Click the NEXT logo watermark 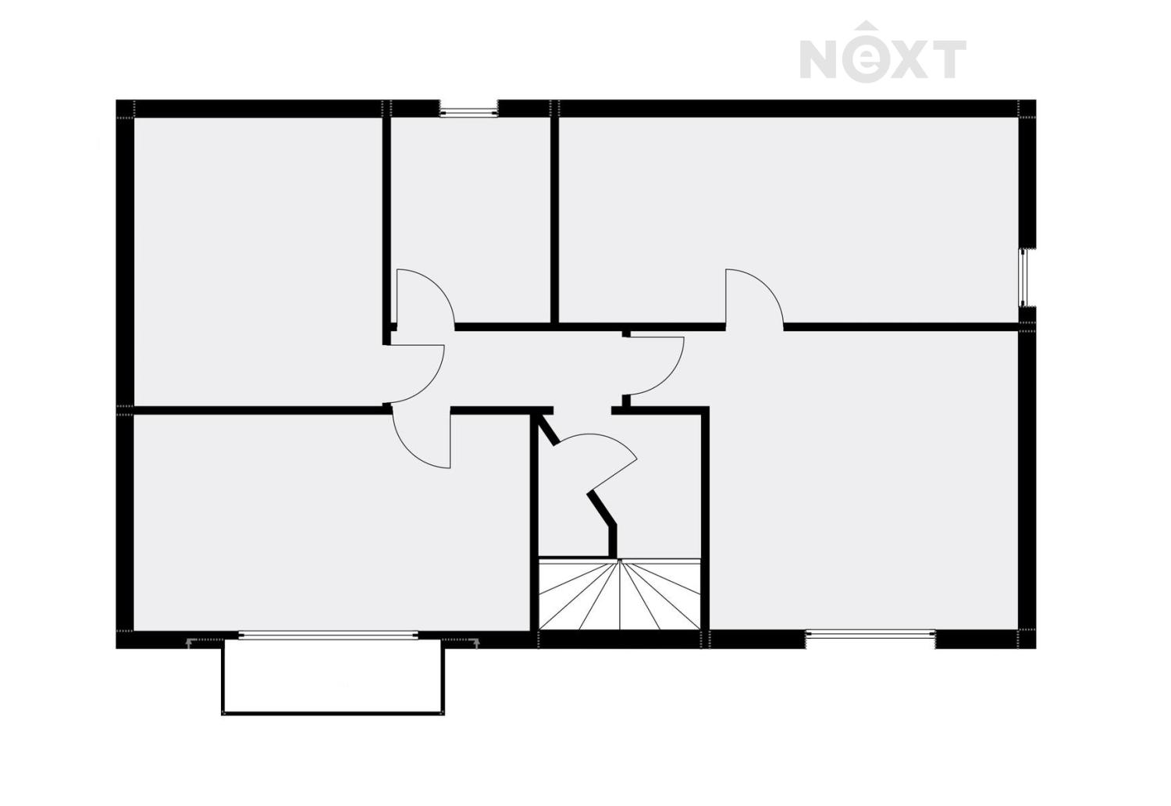click(883, 55)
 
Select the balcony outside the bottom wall click(333, 676)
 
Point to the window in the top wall click(468, 110)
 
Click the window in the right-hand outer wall click(1027, 277)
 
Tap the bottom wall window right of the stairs click(870, 636)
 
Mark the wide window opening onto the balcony click(328, 636)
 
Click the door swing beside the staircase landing click(601, 461)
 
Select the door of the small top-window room click(422, 297)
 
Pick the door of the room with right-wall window click(753, 297)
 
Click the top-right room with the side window click(788, 211)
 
